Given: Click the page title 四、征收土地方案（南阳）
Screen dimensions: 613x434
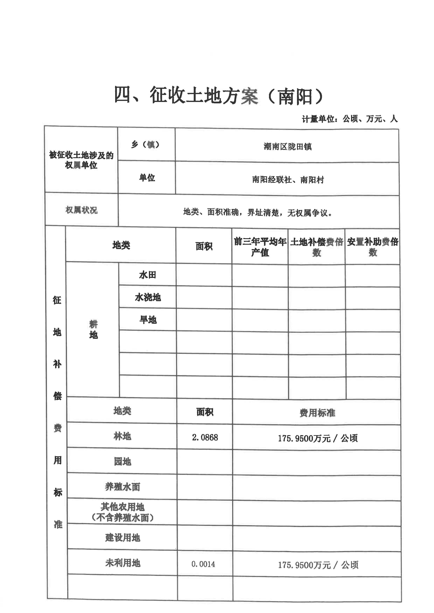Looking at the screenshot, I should (219, 96).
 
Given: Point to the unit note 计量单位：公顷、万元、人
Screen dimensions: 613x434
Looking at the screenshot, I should (349, 119).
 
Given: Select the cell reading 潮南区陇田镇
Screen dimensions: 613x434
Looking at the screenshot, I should (288, 146).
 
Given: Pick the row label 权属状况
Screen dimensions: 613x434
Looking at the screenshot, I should (81, 210).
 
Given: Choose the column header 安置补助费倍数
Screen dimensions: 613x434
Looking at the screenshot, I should (373, 247).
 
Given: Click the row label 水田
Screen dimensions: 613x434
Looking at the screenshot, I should (148, 275).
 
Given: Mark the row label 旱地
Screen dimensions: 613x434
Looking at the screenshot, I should (148, 320).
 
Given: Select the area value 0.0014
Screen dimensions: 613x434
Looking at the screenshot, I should (203, 564).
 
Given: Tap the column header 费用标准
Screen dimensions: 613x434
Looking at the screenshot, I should (317, 413).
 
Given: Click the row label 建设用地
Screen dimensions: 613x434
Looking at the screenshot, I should (123, 538).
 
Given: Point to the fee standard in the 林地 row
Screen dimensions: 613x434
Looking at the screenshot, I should (317, 438).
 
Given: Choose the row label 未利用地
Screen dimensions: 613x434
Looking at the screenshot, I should (123, 563).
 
